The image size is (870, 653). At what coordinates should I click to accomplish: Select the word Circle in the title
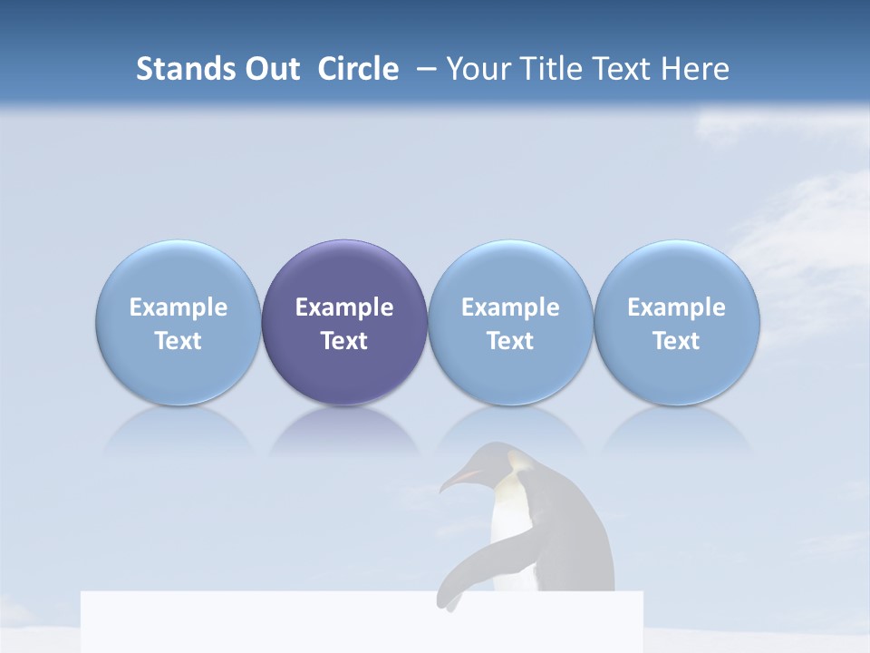point(358,69)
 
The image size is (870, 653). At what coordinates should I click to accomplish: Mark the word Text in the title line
point(623,69)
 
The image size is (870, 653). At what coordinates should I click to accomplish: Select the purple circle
point(344,272)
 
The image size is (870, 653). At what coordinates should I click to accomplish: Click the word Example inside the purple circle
point(344,307)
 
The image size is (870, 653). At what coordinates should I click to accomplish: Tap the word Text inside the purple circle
point(344,341)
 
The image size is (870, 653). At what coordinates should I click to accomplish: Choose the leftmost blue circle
point(179,272)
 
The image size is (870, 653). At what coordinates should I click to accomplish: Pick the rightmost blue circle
point(676,272)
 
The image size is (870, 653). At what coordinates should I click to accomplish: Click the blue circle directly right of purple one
point(510,272)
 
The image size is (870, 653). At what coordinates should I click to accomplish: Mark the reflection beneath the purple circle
point(344,431)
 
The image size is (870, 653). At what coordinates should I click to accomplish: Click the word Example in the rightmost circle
point(676,307)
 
